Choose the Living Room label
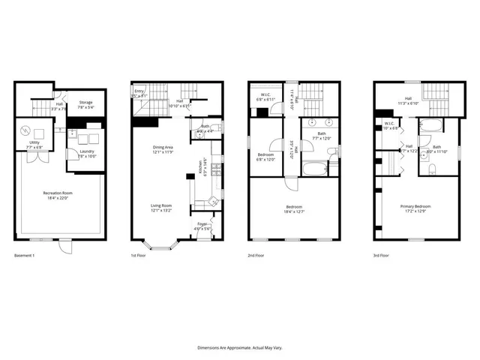(x=163, y=208)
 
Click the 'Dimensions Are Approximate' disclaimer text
(x=239, y=348)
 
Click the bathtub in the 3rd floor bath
(x=433, y=124)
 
